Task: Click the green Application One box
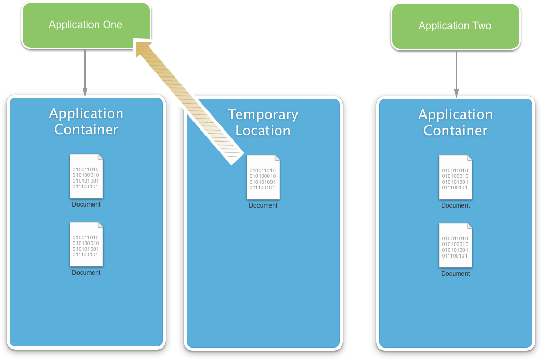tap(86, 25)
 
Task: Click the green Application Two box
tap(455, 26)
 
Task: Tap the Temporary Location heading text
tap(263, 122)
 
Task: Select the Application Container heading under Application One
tap(86, 121)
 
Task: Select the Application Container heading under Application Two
tap(455, 122)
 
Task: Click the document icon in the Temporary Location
tap(263, 177)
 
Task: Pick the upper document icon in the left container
tap(86, 176)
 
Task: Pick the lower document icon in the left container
tap(86, 245)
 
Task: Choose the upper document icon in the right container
tap(456, 177)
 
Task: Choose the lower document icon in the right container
tap(456, 246)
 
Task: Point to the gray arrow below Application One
tap(85, 73)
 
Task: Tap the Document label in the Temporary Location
tap(263, 205)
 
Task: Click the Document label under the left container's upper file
tap(86, 204)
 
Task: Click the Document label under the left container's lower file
tap(86, 273)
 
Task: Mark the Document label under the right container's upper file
tap(456, 205)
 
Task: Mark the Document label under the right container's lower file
tap(456, 274)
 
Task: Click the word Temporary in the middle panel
tap(263, 114)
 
